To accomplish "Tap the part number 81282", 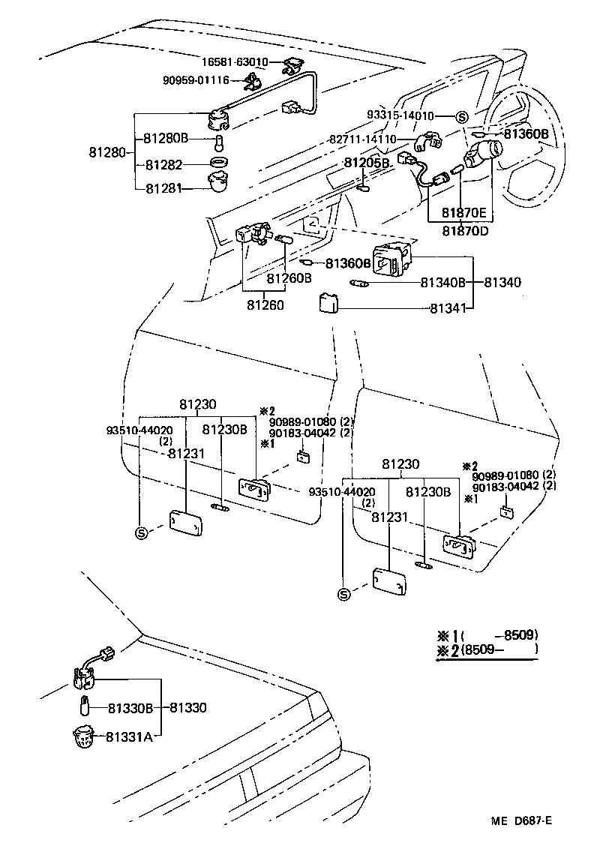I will (164, 164).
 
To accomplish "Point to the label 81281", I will (164, 187).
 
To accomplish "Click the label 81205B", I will (367, 163).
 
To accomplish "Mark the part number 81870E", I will (462, 213).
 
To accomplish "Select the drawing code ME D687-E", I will (522, 820).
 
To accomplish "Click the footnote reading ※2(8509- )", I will (487, 650).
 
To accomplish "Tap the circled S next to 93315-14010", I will (461, 116).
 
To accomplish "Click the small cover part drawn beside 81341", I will (328, 303).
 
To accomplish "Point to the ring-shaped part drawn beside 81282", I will (217, 163).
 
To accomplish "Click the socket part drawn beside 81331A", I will (84, 737).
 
